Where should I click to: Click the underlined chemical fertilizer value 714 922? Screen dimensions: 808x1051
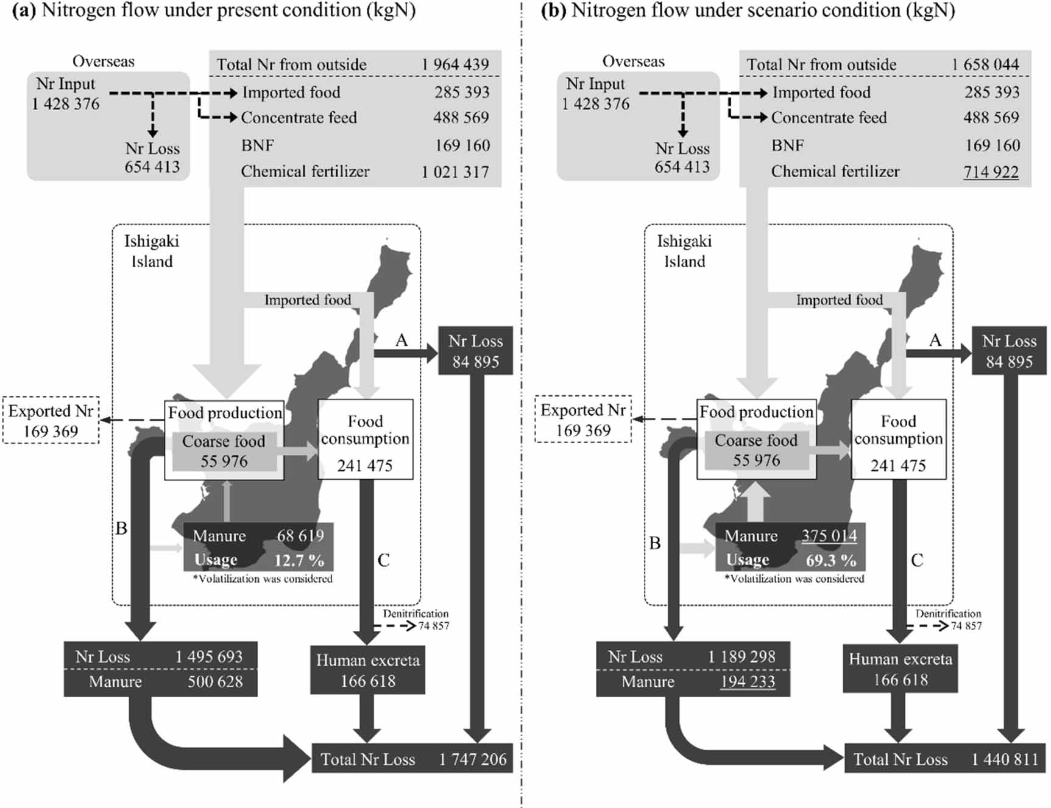pyautogui.click(x=991, y=172)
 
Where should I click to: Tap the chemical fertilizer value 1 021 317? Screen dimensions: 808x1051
pyautogui.click(x=455, y=172)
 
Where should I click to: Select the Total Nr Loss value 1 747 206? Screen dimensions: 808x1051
pyautogui.click(x=472, y=759)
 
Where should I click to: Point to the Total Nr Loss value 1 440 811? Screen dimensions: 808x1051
pyautogui.click(x=1005, y=759)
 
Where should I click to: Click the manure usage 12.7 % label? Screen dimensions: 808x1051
pyautogui.click(x=299, y=560)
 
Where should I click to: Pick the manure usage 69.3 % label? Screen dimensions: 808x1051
pyautogui.click(x=830, y=560)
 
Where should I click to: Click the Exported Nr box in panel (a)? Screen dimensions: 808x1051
pyautogui.click(x=51, y=420)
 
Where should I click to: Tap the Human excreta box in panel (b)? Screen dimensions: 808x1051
pyautogui.click(x=900, y=669)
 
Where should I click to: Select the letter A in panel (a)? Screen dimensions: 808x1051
pyautogui.click(x=401, y=340)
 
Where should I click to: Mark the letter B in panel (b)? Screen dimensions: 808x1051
pyautogui.click(x=655, y=543)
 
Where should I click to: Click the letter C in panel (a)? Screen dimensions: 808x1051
pyautogui.click(x=383, y=560)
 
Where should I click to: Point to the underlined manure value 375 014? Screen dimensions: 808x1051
pyautogui.click(x=829, y=536)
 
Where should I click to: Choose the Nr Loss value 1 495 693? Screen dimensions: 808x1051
pyautogui.click(x=208, y=656)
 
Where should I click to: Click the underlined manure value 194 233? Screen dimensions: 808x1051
pyautogui.click(x=748, y=681)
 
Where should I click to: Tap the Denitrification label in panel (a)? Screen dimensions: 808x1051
pyautogui.click(x=416, y=614)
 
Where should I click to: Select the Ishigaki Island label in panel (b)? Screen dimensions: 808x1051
pyautogui.click(x=684, y=251)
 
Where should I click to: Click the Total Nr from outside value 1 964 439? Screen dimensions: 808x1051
pyautogui.click(x=455, y=65)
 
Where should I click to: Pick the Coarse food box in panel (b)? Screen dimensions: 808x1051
pyautogui.click(x=756, y=450)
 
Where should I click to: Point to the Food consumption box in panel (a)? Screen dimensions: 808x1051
pyautogui.click(x=365, y=438)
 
